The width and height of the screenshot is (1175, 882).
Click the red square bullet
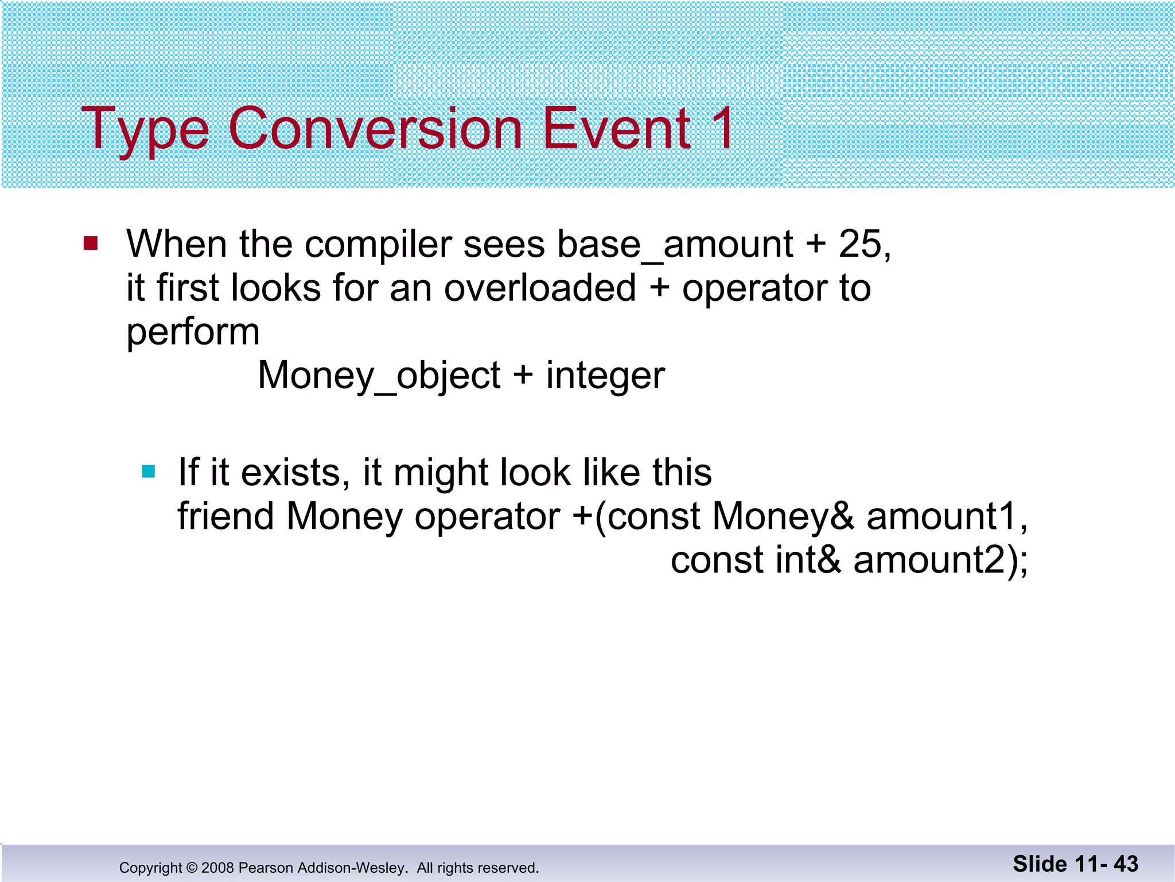[91, 243]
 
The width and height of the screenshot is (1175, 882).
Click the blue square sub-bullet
[149, 472]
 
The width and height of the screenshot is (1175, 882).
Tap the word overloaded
[540, 288]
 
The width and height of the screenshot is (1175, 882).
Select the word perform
[193, 333]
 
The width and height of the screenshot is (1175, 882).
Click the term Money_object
[379, 377]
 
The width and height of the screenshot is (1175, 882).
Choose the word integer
[605, 377]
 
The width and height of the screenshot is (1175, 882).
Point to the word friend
[225, 516]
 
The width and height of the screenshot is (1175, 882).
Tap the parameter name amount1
[941, 516]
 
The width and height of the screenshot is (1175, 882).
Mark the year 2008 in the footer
[217, 868]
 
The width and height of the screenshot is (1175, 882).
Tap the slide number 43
[1126, 864]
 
